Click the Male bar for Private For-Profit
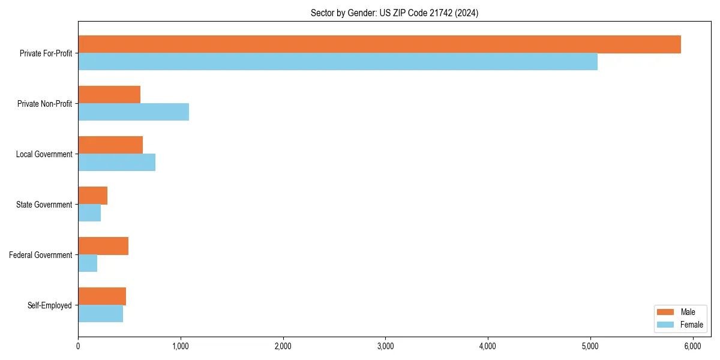pos(379,44)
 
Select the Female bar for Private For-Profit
pos(338,62)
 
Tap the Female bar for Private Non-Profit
pos(133,112)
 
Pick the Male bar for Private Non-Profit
pos(109,95)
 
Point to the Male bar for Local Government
pos(110,145)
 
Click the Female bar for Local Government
pos(116,163)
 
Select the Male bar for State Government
pos(92,196)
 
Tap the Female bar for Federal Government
pos(88,263)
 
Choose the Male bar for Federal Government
pos(103,246)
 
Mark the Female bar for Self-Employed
pos(100,314)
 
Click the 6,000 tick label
pos(693,346)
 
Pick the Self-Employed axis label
pos(50,305)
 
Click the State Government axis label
pos(44,205)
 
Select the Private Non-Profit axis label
pos(44,104)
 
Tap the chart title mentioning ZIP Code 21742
pos(394,13)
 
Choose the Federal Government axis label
pos(41,255)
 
